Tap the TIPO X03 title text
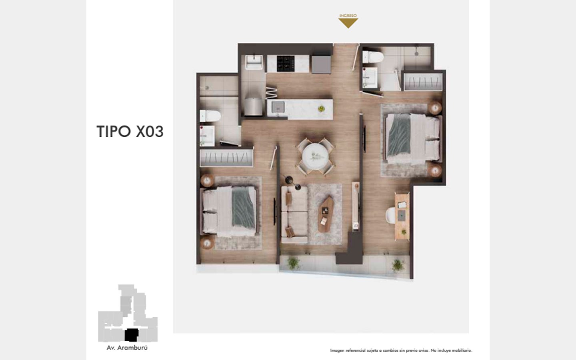[x=130, y=132]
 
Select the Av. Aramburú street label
[x=127, y=348]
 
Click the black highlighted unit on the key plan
[x=131, y=335]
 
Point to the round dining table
[x=315, y=157]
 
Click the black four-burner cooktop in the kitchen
[x=286, y=64]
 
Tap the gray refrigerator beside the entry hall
[x=321, y=64]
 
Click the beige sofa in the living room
[x=294, y=215]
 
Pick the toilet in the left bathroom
[x=210, y=116]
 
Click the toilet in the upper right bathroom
[x=373, y=57]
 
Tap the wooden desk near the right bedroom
[x=402, y=216]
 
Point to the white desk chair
[x=390, y=215]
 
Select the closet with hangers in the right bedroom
[x=423, y=82]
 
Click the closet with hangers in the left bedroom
[x=226, y=158]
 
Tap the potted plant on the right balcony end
[x=398, y=265]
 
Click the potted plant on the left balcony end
[x=294, y=263]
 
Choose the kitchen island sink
[x=278, y=107]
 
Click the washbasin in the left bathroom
[x=207, y=136]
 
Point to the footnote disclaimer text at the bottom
[x=401, y=350]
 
